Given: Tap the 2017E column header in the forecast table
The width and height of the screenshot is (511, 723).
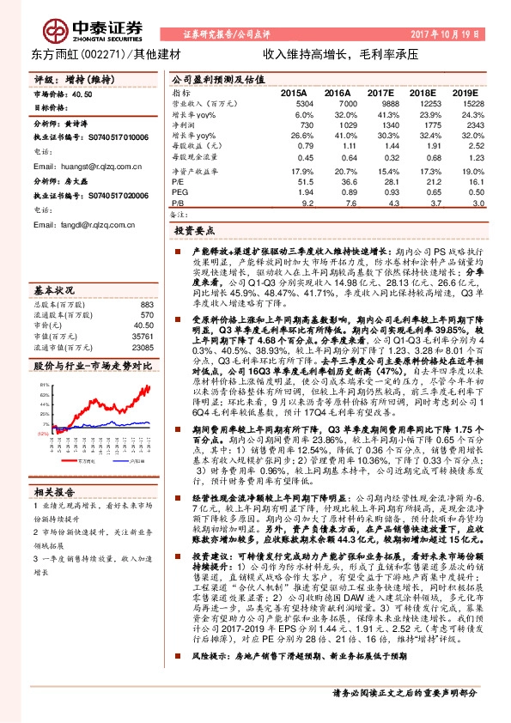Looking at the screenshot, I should (379, 92).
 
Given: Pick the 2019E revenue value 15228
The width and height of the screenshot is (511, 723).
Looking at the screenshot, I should (463, 102).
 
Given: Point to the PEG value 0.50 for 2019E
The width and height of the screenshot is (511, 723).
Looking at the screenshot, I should (467, 193).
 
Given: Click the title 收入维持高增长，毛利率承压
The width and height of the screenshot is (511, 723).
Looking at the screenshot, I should (339, 53).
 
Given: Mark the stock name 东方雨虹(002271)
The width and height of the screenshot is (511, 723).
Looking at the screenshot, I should (79, 53).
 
